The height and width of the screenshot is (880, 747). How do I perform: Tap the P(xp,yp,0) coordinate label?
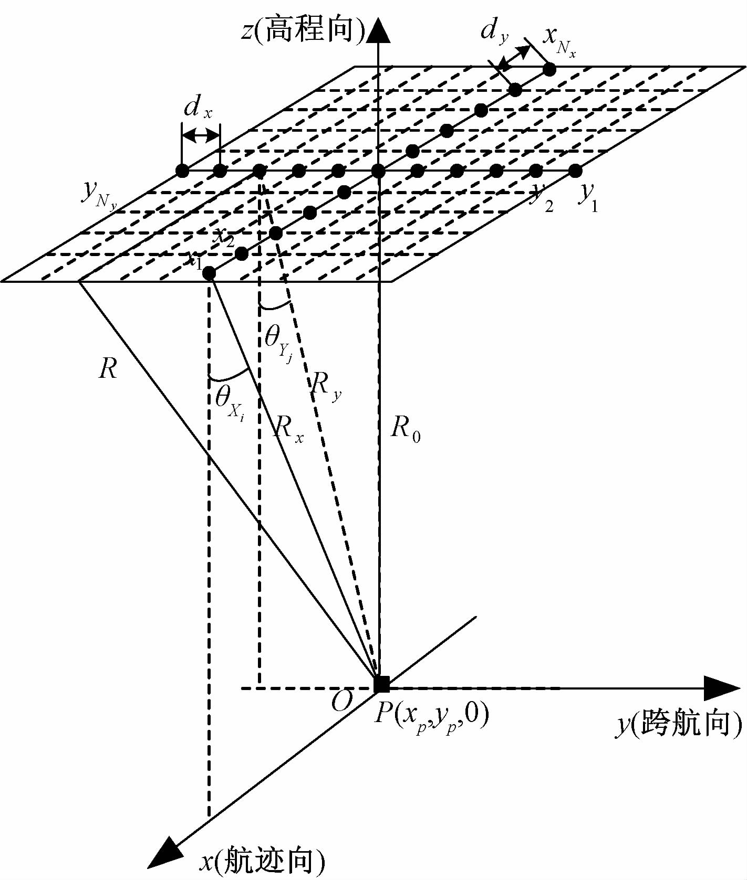431,715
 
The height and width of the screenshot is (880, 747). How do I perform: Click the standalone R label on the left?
108,369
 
